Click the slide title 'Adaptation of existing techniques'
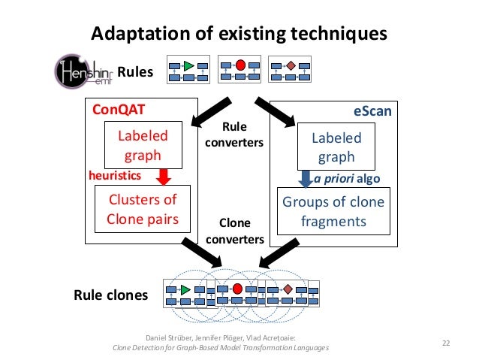[239, 34]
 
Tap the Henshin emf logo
[84, 72]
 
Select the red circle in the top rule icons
[240, 65]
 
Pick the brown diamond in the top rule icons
[291, 66]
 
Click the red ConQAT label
[118, 109]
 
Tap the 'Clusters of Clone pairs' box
[143, 210]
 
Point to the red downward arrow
[164, 177]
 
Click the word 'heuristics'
[115, 174]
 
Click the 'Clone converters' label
[234, 231]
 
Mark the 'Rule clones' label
[110, 295]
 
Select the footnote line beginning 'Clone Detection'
[220, 348]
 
